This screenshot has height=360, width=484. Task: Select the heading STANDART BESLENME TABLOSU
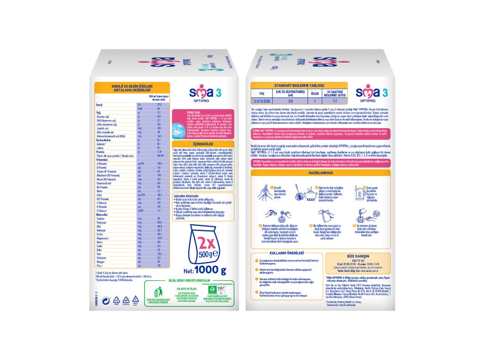[x=300, y=85]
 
